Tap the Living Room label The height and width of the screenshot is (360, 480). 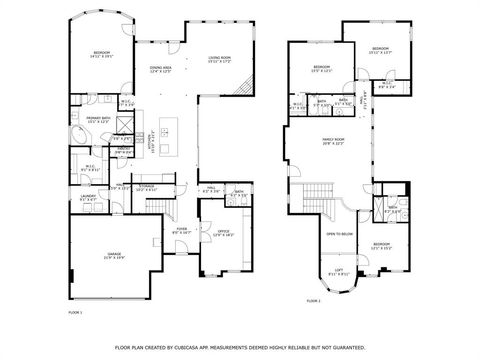point(220,59)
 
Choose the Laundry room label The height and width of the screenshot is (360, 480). point(87,197)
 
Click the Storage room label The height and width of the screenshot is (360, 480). point(146,187)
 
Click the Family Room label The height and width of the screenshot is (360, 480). point(333,141)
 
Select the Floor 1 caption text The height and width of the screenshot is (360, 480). point(74,313)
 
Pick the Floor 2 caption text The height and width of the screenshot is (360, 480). point(314,300)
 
